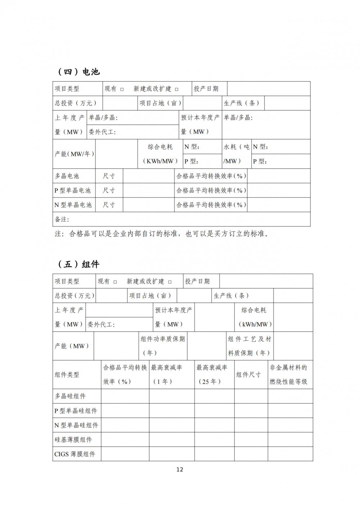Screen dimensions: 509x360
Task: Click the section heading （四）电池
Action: tap(78, 72)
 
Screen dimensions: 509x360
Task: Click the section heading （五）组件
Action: tap(78, 264)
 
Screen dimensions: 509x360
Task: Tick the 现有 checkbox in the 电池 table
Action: tap(122, 89)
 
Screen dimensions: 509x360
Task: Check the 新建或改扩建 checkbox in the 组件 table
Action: tap(170, 282)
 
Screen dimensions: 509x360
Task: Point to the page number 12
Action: tap(180, 469)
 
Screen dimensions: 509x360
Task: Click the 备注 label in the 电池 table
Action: tap(62, 219)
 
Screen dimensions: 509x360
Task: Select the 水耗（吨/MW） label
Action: tap(236, 154)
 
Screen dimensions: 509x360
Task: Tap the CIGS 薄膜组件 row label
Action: tap(75, 454)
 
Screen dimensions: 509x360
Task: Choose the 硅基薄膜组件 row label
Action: tap(73, 440)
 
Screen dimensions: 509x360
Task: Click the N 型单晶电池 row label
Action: tap(73, 205)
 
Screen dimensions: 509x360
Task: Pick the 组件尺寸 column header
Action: tap(248, 374)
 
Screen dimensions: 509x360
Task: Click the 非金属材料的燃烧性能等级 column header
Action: tap(288, 374)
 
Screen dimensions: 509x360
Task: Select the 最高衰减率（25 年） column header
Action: tap(212, 374)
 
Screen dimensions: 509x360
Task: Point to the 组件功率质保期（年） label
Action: tap(163, 346)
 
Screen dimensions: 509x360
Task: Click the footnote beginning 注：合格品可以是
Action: tap(162, 234)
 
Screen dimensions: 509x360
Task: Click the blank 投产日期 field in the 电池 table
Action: tap(269, 89)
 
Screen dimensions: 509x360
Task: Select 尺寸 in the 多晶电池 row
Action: tap(109, 176)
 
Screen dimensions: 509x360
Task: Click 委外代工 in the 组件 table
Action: tap(101, 324)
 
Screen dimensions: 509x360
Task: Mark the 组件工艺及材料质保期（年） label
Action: tap(249, 346)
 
